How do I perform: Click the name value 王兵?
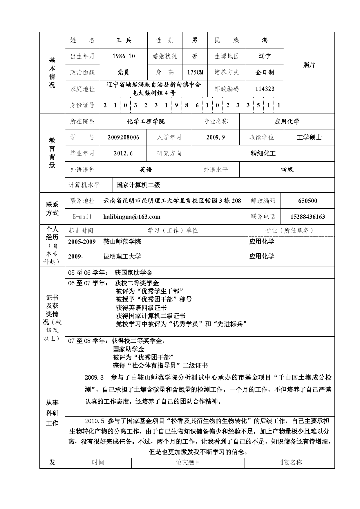tap(124, 40)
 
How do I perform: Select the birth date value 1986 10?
tap(124, 56)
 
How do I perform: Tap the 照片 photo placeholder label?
tap(309, 65)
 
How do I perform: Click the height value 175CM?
tap(195, 73)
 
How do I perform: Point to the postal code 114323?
tap(265, 89)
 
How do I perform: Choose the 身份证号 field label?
tap(82, 105)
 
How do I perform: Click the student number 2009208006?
tap(123, 138)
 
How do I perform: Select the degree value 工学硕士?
tap(309, 138)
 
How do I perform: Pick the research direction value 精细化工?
tap(263, 154)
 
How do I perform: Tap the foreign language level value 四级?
tap(287, 169)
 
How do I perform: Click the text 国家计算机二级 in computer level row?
tap(138, 185)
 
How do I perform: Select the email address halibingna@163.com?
tap(132, 217)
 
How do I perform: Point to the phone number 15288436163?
tap(307, 217)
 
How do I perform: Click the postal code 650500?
tap(307, 201)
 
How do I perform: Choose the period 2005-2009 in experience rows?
tap(82, 242)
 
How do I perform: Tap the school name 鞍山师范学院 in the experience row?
tap(122, 242)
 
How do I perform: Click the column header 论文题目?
tap(188, 463)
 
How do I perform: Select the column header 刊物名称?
tap(290, 463)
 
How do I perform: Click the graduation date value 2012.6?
tap(123, 154)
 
